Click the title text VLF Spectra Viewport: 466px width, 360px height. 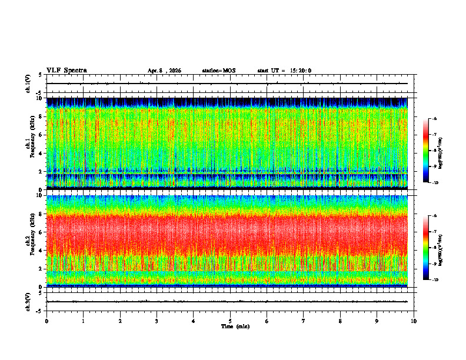[x=66, y=71]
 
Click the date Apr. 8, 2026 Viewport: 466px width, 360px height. [x=164, y=71]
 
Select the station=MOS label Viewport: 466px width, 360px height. [x=218, y=71]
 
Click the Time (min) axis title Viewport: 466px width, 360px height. [x=235, y=326]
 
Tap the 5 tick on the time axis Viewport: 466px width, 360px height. [x=230, y=321]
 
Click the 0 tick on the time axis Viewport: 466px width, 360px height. [x=46, y=321]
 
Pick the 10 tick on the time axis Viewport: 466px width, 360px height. [x=414, y=321]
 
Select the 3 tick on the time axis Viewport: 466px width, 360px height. [x=157, y=321]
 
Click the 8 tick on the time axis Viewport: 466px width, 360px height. [x=340, y=321]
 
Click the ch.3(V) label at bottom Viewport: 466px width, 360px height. [x=28, y=301]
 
